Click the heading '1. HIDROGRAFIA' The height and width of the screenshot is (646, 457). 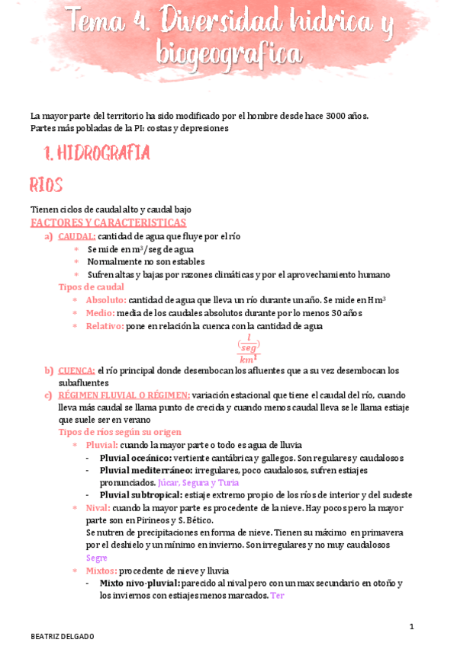click(x=97, y=154)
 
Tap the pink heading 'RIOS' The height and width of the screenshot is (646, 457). click(x=46, y=185)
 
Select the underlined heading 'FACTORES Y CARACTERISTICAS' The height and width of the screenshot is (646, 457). click(x=108, y=222)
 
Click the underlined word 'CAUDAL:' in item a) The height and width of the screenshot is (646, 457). click(x=76, y=236)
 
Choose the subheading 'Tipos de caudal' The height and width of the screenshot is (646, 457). click(x=92, y=286)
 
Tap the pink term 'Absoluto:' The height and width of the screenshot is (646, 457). click(x=106, y=300)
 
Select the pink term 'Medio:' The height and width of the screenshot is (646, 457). click(x=101, y=313)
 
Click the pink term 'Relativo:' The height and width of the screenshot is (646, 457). click(x=105, y=326)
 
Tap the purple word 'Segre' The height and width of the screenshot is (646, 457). click(x=97, y=558)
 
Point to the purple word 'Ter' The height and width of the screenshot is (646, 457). click(x=277, y=596)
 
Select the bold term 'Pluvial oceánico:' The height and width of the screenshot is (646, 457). click(x=135, y=458)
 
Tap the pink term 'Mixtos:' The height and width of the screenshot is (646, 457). click(x=101, y=571)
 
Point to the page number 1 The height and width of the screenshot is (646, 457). click(x=411, y=626)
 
